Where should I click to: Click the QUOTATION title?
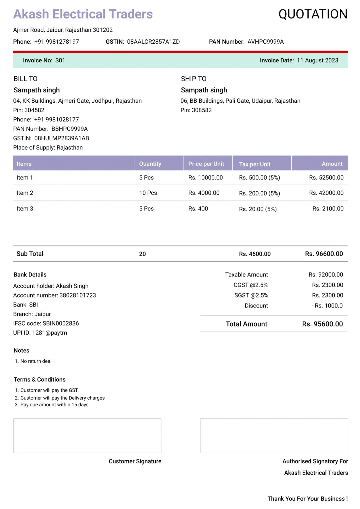(x=313, y=14)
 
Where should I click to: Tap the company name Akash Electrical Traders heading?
(x=83, y=14)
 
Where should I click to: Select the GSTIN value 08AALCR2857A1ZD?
(x=153, y=42)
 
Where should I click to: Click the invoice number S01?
(x=60, y=60)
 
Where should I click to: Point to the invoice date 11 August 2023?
(x=317, y=60)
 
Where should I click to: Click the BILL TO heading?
(x=26, y=79)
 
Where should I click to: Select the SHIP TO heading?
(x=194, y=79)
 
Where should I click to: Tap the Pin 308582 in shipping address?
(x=196, y=110)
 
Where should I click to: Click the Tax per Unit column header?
(x=255, y=164)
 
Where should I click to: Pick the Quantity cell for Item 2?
(x=148, y=193)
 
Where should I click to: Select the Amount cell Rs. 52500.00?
(x=326, y=177)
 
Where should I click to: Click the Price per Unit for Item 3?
(x=198, y=208)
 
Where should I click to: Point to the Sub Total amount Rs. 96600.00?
(x=324, y=254)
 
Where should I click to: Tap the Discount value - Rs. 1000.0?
(x=327, y=306)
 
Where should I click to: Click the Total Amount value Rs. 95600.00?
(x=322, y=324)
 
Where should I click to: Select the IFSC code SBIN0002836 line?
(x=46, y=323)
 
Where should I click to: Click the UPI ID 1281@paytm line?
(x=40, y=333)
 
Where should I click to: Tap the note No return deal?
(x=36, y=361)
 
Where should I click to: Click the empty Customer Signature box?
(x=87, y=436)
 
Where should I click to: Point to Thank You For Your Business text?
(x=307, y=499)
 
